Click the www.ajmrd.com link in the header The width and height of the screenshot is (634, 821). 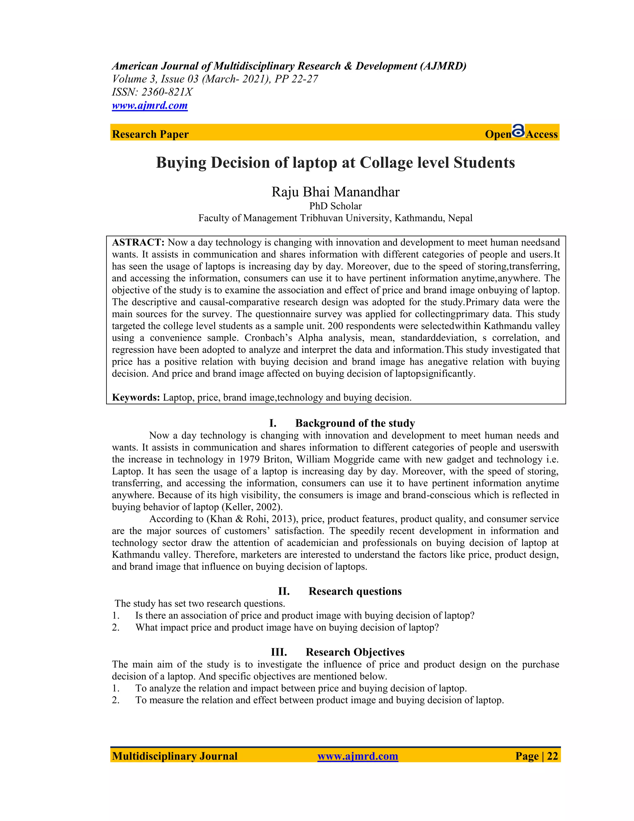coord(150,105)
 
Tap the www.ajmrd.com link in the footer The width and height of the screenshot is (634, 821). coord(358,756)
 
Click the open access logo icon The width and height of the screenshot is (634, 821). coord(518,131)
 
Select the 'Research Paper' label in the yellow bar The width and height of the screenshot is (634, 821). coord(150,134)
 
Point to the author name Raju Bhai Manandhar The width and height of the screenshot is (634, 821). coord(335,192)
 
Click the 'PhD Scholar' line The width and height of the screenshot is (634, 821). coord(335,206)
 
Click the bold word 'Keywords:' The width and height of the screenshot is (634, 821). coord(136,397)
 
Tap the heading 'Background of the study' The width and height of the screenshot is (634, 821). coord(355,423)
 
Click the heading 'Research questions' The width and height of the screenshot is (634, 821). coord(355,591)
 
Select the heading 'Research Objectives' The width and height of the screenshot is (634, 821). coord(355,652)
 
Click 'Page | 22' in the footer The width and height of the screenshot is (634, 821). coord(536,756)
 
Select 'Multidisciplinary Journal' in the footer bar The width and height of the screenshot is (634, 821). coord(175,756)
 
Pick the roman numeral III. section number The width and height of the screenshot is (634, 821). coord(279,652)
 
